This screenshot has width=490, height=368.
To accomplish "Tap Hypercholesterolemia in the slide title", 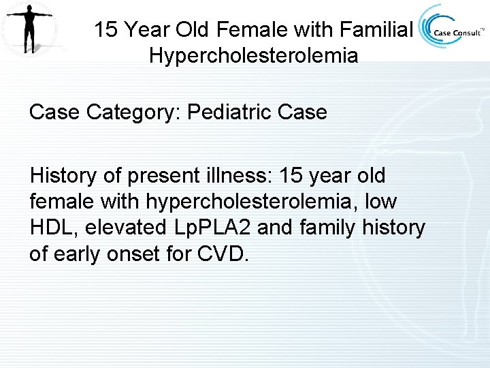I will (253, 55).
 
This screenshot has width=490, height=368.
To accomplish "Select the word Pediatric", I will (222, 112).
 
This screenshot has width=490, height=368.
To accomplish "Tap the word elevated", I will (124, 228).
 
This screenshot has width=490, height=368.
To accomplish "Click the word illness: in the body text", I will (235, 176).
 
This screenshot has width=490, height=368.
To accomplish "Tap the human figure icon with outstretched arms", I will (28, 28).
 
